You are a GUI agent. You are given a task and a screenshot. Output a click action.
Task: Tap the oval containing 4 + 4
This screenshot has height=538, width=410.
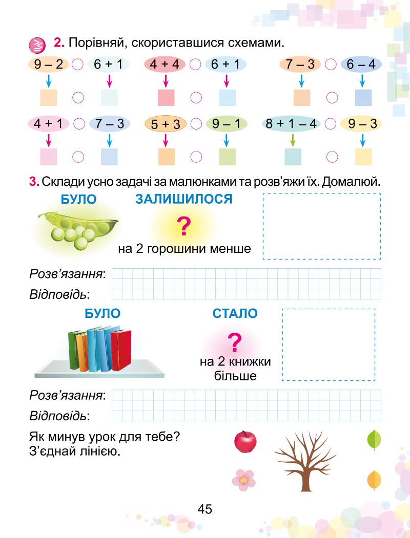tap(165, 64)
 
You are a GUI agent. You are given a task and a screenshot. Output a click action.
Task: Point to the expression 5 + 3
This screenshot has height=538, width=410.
tap(166, 124)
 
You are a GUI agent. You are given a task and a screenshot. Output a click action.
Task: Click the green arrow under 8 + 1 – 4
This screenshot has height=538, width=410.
tap(293, 140)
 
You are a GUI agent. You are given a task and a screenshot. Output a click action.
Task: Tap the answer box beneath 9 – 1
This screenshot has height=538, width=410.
tap(227, 156)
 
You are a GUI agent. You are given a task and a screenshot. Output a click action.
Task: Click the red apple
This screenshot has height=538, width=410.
tap(245, 441)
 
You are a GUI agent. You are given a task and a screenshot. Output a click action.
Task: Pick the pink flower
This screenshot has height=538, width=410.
tap(243, 480)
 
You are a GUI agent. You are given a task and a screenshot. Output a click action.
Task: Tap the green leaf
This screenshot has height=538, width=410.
tap(374, 439)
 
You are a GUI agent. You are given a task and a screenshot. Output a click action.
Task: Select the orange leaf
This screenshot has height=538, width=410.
tap(374, 480)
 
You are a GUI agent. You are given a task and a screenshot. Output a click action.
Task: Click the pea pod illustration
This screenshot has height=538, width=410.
tap(77, 228)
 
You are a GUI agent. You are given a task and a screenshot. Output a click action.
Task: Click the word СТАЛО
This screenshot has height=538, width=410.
tap(235, 313)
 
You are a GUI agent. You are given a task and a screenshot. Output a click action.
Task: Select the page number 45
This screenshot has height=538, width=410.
tap(204, 509)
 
